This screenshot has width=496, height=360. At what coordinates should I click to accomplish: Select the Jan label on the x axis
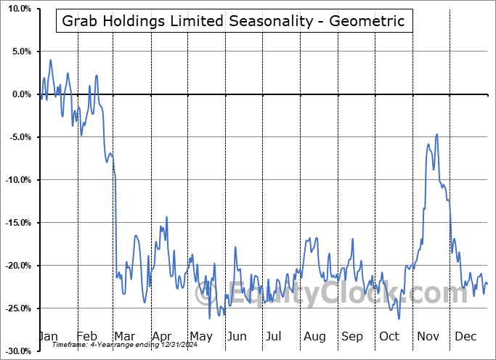[x=47, y=337]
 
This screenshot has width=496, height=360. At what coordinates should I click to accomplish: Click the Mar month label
[x=124, y=337]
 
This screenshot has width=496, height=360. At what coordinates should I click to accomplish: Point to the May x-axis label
[x=200, y=337]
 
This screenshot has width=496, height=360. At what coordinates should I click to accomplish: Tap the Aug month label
[x=314, y=337]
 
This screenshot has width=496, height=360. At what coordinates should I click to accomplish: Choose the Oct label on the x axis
[x=389, y=337]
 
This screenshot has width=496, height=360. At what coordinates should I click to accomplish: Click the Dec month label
[x=466, y=337]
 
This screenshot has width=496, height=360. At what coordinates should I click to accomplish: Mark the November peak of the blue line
[x=436, y=134]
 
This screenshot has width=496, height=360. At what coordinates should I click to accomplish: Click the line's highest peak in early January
[x=50, y=60]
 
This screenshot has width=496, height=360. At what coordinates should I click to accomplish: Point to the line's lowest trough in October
[x=399, y=318]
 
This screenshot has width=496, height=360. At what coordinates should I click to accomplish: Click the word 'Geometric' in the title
[x=368, y=21]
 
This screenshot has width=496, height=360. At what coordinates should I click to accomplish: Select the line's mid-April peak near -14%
[x=166, y=217]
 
